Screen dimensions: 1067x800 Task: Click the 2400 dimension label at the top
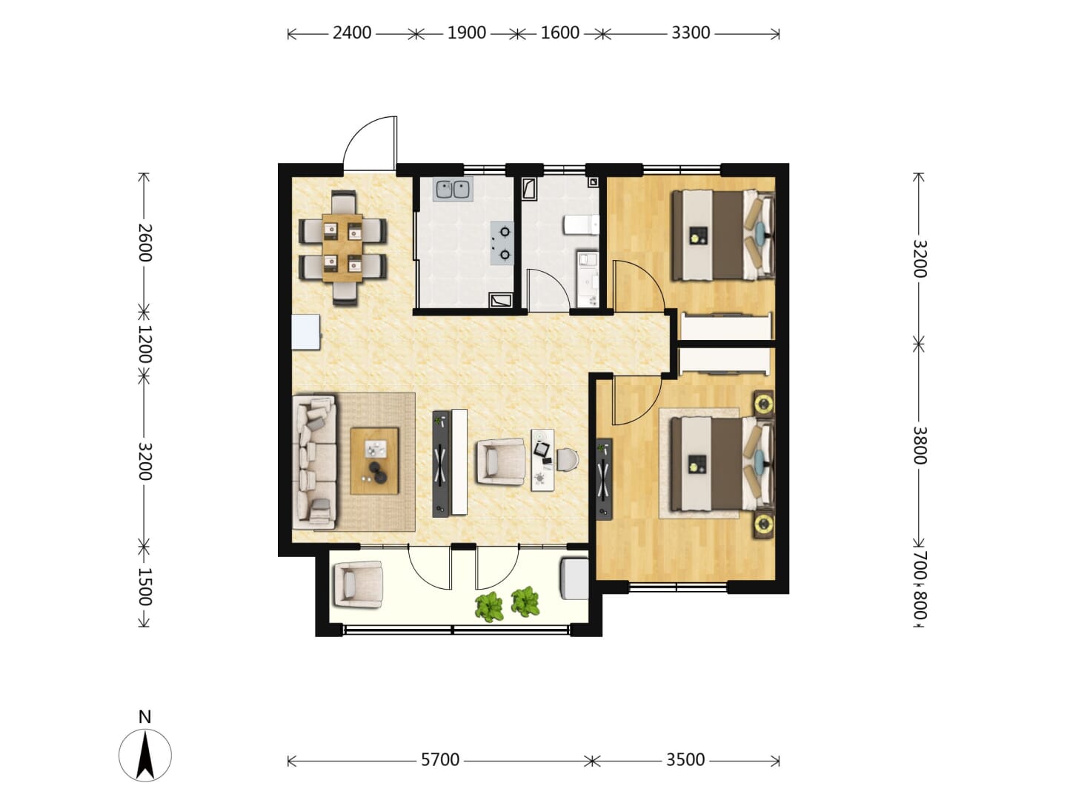point(351,33)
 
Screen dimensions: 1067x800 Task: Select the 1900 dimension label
point(466,33)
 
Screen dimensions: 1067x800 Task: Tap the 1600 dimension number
point(559,33)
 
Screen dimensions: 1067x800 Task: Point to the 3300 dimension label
point(691,33)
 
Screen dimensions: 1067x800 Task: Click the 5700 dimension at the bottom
point(439,760)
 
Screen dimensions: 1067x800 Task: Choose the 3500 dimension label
point(685,760)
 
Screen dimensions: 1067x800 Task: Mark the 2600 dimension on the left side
point(144,242)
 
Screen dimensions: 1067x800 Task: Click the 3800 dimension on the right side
point(920,445)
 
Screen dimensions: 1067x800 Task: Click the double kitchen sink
point(453,190)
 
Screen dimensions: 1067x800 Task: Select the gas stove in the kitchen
point(502,243)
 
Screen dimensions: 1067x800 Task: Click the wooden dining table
point(343,247)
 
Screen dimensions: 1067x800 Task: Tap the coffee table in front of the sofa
point(374,461)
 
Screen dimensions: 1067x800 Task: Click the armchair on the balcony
point(358,585)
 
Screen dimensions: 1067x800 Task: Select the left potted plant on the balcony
point(489,607)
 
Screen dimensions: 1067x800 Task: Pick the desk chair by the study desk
point(568,459)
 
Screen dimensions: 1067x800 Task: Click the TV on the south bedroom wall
point(604,479)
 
